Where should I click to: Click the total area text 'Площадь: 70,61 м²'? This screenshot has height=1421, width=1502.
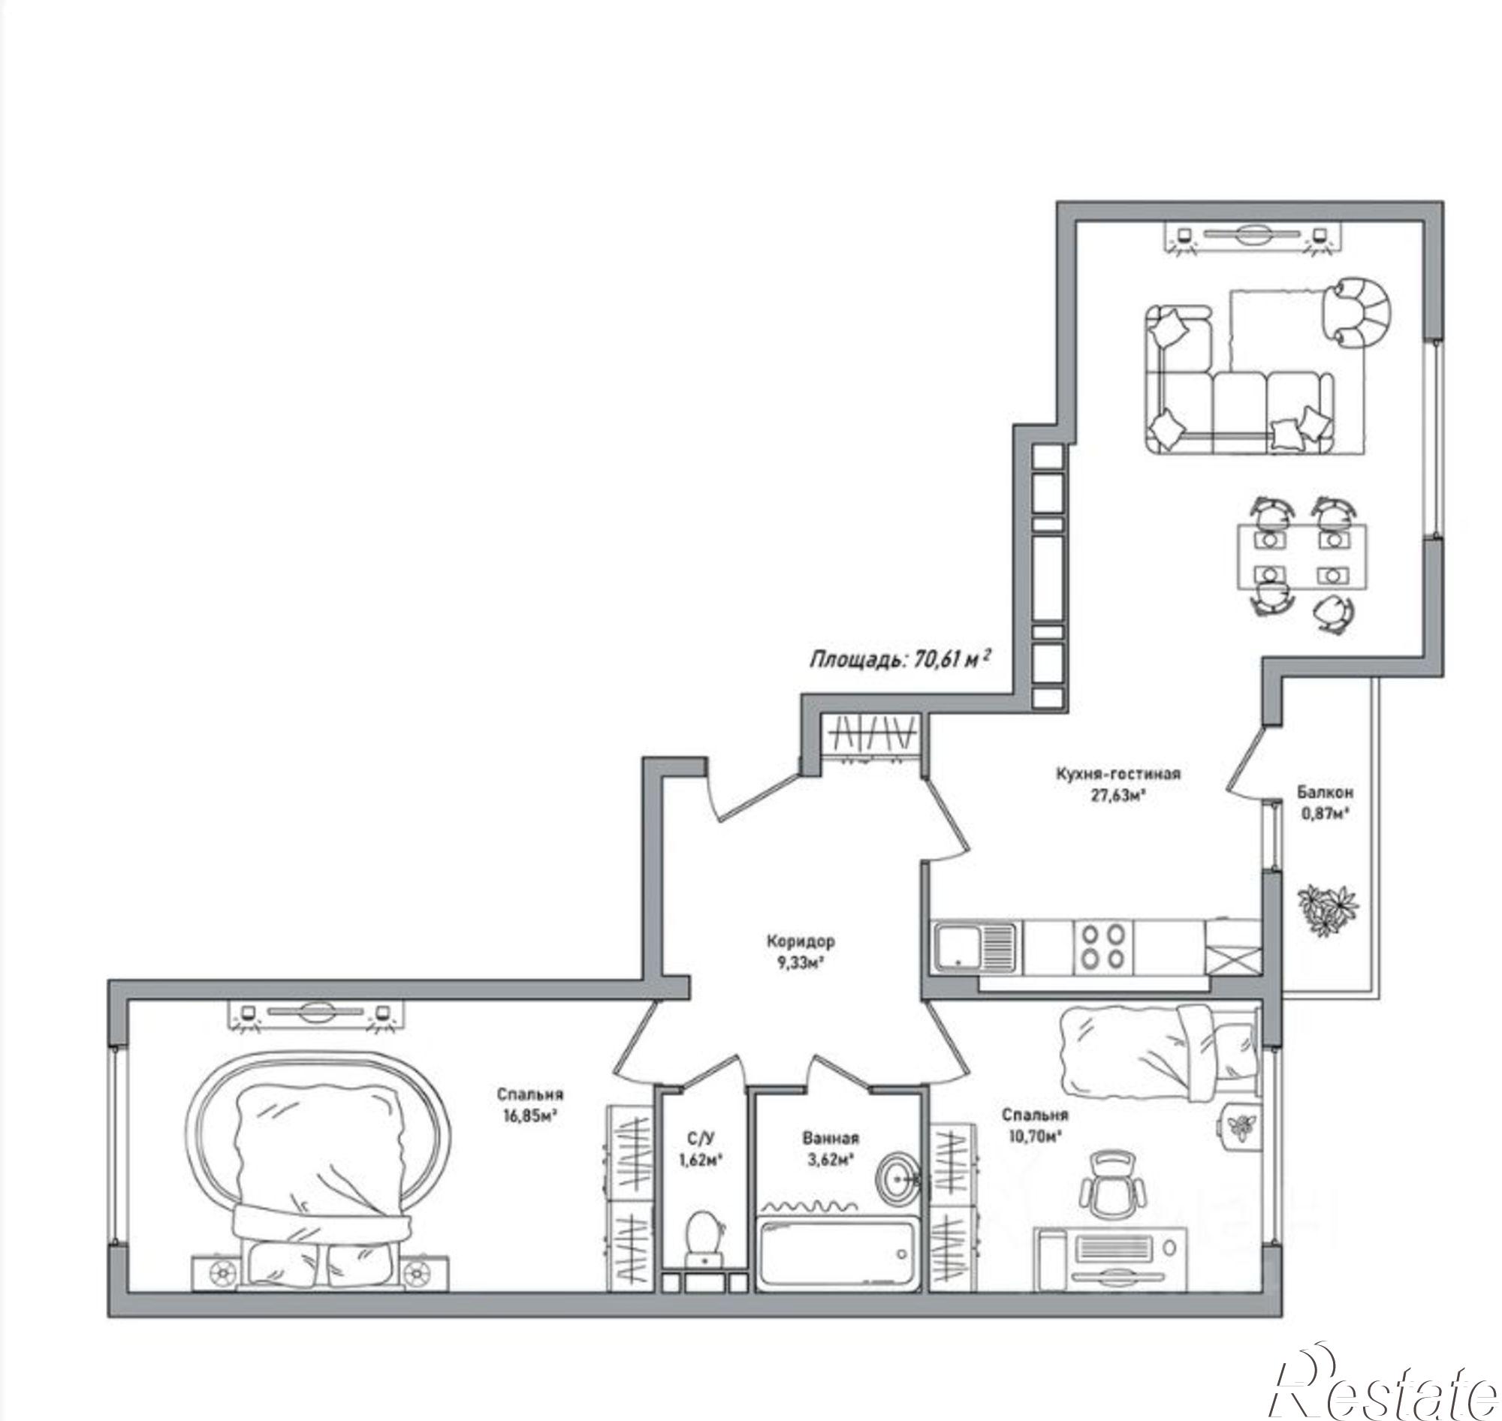pyautogui.click(x=901, y=659)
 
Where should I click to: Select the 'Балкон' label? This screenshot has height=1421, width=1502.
pyautogui.click(x=1325, y=793)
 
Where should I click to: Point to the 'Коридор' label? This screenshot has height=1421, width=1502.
pyautogui.click(x=801, y=941)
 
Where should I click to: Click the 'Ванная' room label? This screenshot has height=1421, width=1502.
pyautogui.click(x=831, y=1138)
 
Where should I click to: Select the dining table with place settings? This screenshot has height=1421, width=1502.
pyautogui.click(x=1302, y=557)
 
